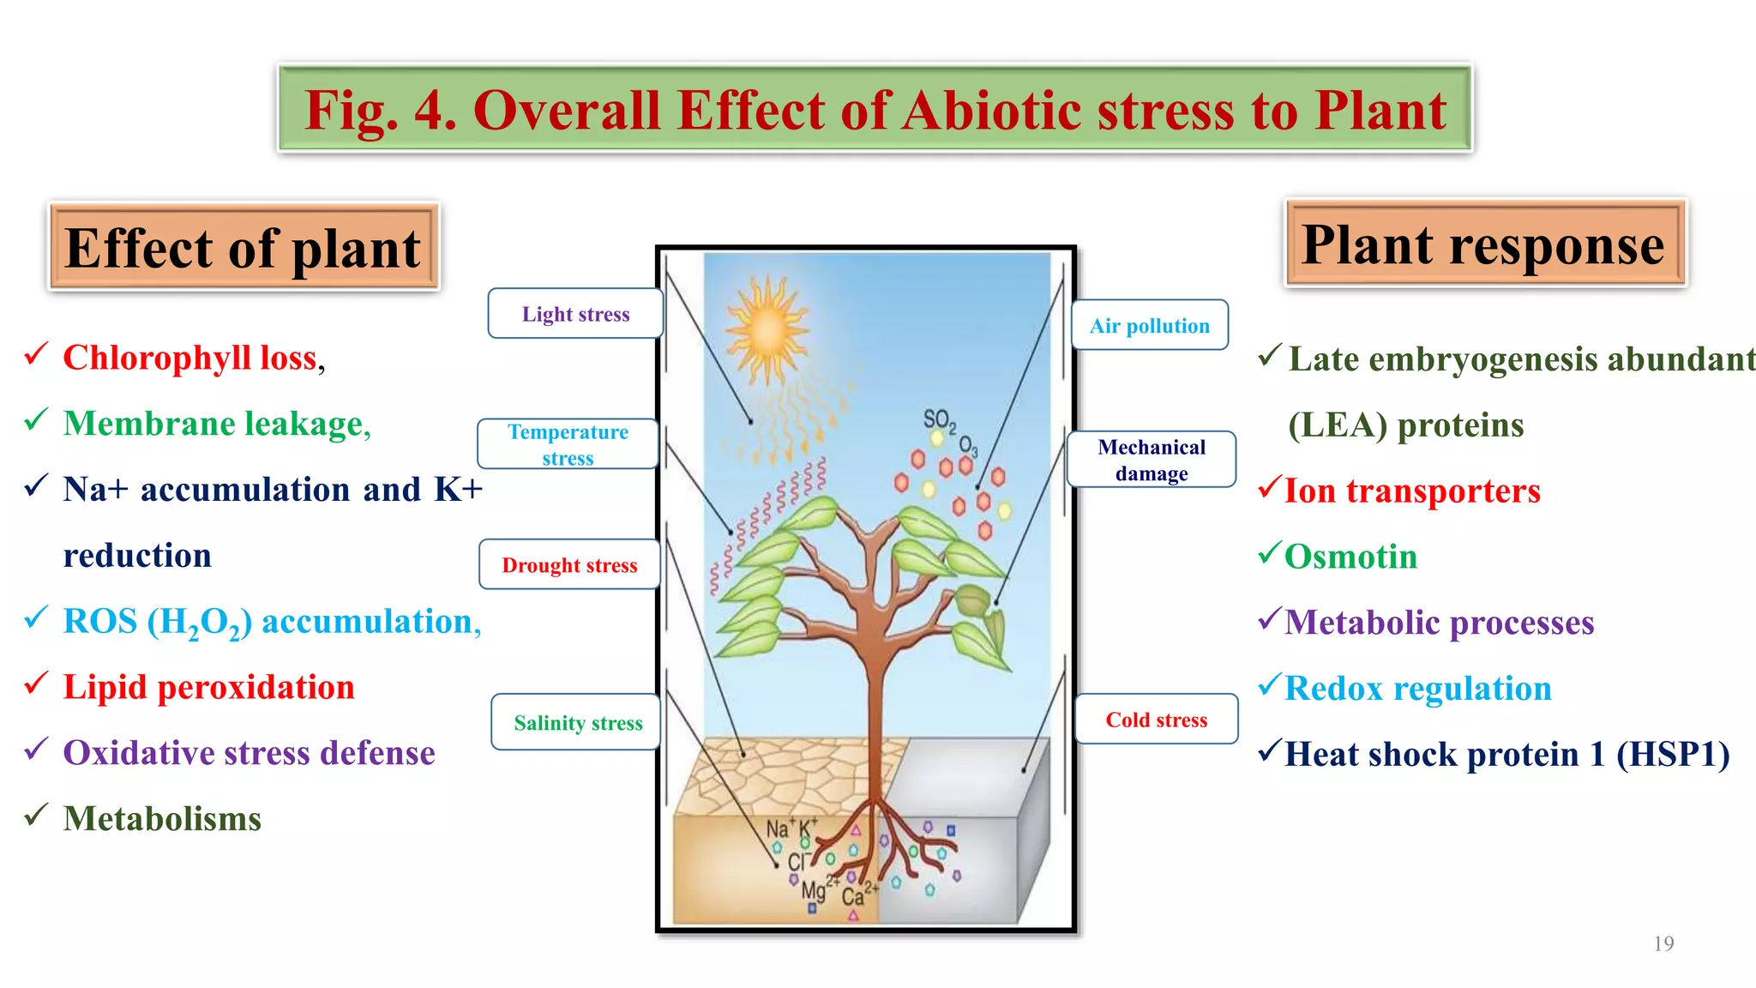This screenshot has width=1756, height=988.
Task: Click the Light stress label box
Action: point(575,314)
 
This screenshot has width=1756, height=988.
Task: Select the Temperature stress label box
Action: point(568,444)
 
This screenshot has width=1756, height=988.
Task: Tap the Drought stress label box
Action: point(569,565)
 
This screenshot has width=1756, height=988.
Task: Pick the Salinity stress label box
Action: point(577,723)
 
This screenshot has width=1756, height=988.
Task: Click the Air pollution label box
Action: point(1149,326)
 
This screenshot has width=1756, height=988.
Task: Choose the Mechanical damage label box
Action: point(1151,460)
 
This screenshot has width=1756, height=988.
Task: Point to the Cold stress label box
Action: point(1156,720)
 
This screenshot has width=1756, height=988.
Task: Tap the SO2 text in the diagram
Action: point(939,419)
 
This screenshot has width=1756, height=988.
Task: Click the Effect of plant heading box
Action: point(244,248)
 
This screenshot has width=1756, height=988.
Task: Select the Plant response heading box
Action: point(1484,244)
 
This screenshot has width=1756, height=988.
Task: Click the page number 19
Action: point(1663,943)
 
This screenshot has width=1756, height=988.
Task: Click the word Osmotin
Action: point(1350,557)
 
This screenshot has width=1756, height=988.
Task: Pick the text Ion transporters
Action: point(1412,491)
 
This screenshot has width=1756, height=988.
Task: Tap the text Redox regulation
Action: point(1418,689)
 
